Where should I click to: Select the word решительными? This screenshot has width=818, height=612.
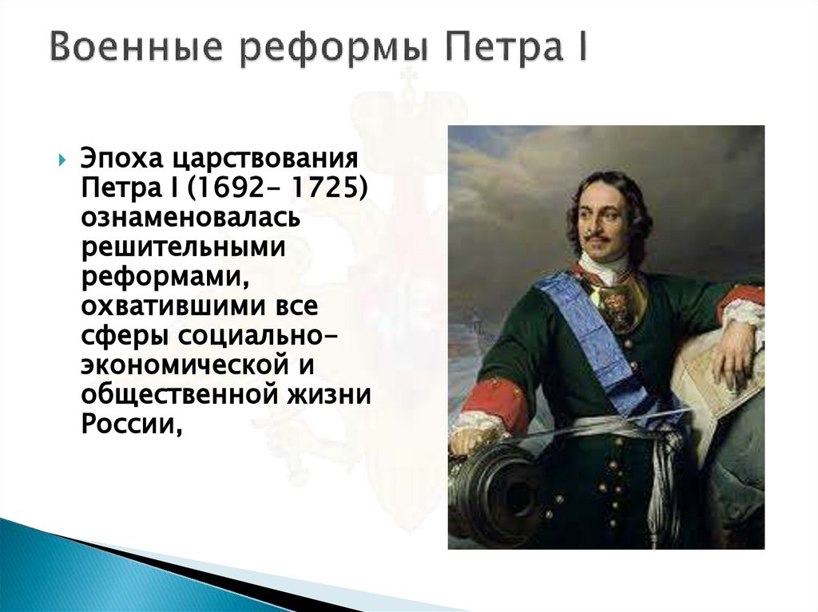click(182, 248)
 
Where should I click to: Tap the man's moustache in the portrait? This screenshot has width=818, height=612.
click(598, 237)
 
